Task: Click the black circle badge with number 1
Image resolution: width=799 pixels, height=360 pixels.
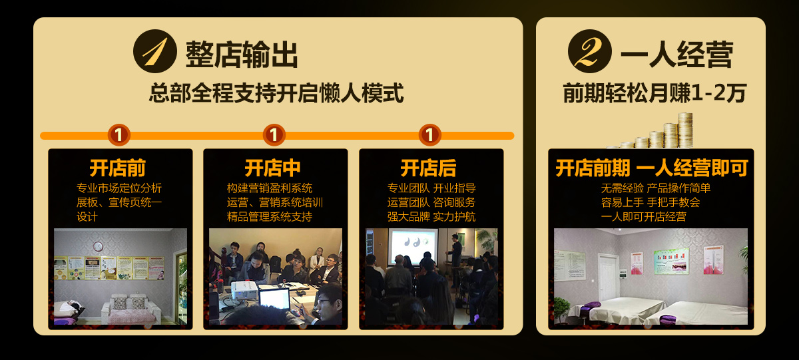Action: point(154,51)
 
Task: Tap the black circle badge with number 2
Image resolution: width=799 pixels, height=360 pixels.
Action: point(590,51)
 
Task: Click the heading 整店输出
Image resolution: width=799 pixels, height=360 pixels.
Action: point(242,54)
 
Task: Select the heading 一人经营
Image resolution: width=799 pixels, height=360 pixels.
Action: point(677,54)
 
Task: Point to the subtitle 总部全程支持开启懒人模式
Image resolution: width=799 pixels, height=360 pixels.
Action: point(276,93)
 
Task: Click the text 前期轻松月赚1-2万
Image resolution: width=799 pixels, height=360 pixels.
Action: point(655,93)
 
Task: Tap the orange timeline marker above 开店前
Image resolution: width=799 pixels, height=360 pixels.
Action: point(119,134)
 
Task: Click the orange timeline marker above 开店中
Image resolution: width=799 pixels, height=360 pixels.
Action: point(274,134)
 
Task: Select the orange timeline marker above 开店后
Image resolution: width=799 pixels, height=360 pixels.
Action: point(429,134)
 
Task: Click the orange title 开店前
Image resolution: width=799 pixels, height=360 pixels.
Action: point(118,168)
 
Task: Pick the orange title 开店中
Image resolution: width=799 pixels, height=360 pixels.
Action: point(273,168)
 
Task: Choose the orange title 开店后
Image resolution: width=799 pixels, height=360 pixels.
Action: point(428,168)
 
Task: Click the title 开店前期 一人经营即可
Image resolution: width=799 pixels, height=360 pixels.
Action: point(652,168)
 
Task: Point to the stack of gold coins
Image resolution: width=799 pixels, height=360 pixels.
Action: point(653,131)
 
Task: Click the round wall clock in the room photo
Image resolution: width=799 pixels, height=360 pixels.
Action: point(98,246)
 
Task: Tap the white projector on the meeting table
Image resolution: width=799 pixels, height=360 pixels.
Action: point(244,289)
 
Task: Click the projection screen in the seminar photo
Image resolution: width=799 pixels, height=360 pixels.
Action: point(413,246)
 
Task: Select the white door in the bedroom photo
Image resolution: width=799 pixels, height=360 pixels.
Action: point(608,277)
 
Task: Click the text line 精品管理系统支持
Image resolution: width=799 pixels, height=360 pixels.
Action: point(270,217)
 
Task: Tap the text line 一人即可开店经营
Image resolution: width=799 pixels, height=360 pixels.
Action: point(643,217)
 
